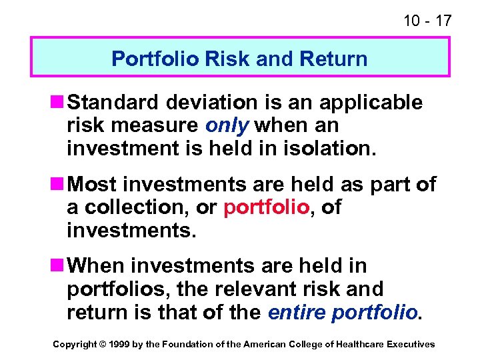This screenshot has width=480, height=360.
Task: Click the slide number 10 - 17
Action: pyautogui.click(x=427, y=21)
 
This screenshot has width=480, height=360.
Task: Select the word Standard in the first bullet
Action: pyautogui.click(x=117, y=102)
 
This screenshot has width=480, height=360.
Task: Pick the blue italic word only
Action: pyautogui.click(x=227, y=125)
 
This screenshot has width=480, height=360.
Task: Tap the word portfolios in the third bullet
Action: pyautogui.click(x=111, y=289)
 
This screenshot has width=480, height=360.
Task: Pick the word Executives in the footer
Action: pyautogui.click(x=411, y=344)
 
